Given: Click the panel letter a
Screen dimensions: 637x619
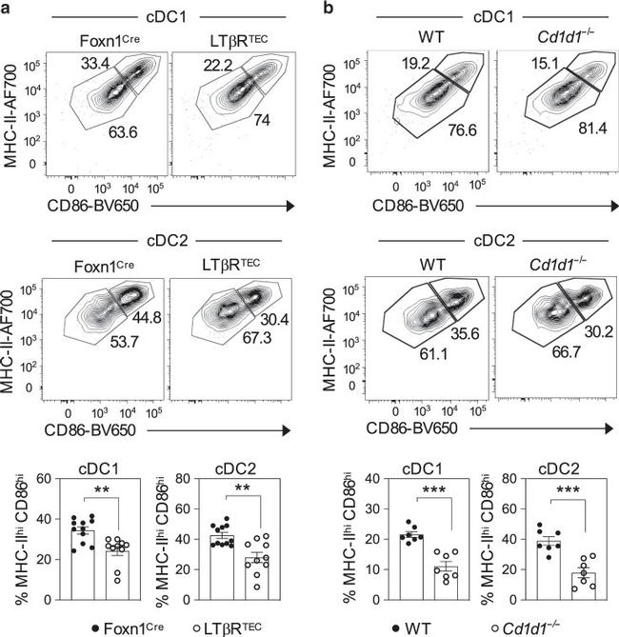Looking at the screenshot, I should (x=8, y=8).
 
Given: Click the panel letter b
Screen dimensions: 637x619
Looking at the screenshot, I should (x=326, y=8).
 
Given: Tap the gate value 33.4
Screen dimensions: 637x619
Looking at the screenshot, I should (x=92, y=64).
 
